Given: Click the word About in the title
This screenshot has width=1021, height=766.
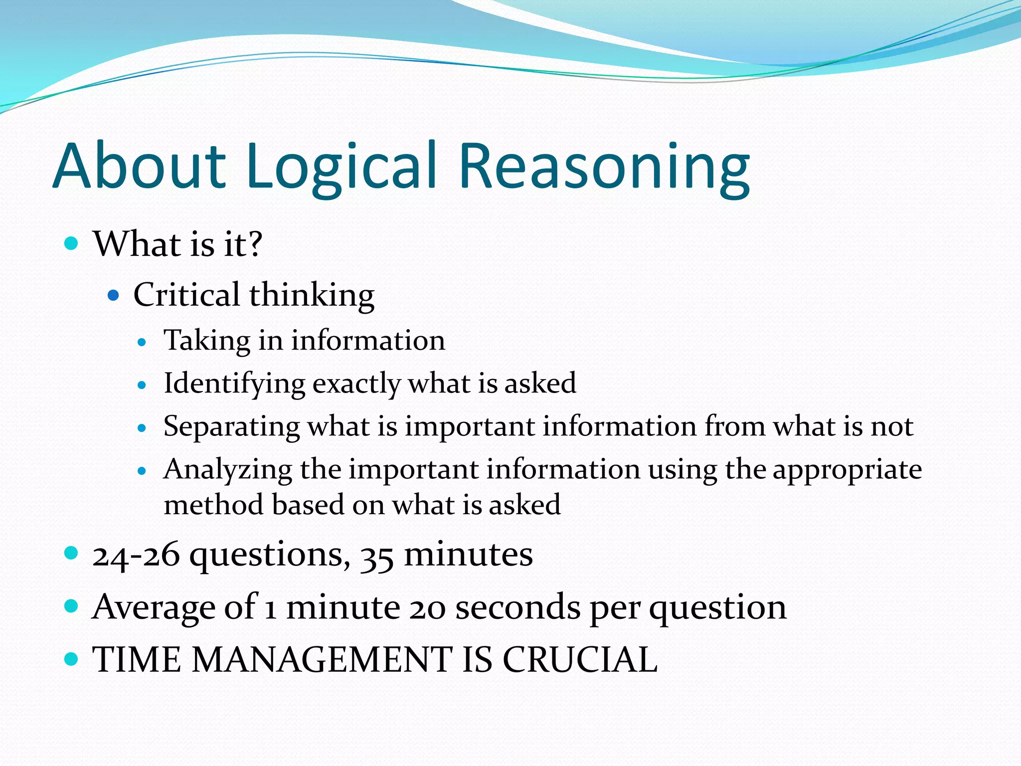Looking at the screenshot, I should [140, 166].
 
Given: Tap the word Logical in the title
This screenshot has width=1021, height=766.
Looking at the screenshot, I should [342, 167].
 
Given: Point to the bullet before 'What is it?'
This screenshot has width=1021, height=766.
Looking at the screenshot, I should [72, 243].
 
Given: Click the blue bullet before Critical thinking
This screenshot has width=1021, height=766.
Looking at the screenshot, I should [114, 295].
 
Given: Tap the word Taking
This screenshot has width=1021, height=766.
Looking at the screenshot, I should [207, 341].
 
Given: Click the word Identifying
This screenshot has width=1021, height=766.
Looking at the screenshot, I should [234, 384].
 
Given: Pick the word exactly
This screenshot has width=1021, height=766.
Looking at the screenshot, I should [356, 384].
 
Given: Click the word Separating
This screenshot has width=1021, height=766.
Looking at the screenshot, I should [231, 427].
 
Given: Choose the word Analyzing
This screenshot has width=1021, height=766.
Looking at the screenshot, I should [228, 470].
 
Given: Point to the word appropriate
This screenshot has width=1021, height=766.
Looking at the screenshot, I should [847, 470].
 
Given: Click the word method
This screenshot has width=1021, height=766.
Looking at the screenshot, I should [213, 505].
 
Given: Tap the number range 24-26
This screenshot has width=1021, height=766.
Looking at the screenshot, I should [136, 555].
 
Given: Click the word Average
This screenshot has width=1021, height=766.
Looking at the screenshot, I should [154, 607].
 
